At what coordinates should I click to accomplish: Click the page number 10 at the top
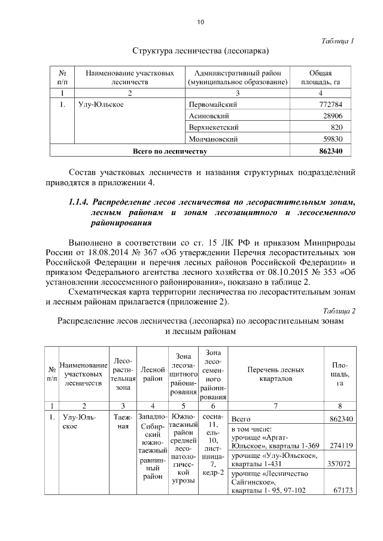200,22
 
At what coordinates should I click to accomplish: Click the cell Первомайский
214,105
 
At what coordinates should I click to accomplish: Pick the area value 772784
329,105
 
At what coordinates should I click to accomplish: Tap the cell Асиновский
207,116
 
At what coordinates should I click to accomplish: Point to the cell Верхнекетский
214,127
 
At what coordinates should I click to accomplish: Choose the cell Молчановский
213,139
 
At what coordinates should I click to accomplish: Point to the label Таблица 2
338,311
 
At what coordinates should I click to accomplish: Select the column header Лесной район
152,374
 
